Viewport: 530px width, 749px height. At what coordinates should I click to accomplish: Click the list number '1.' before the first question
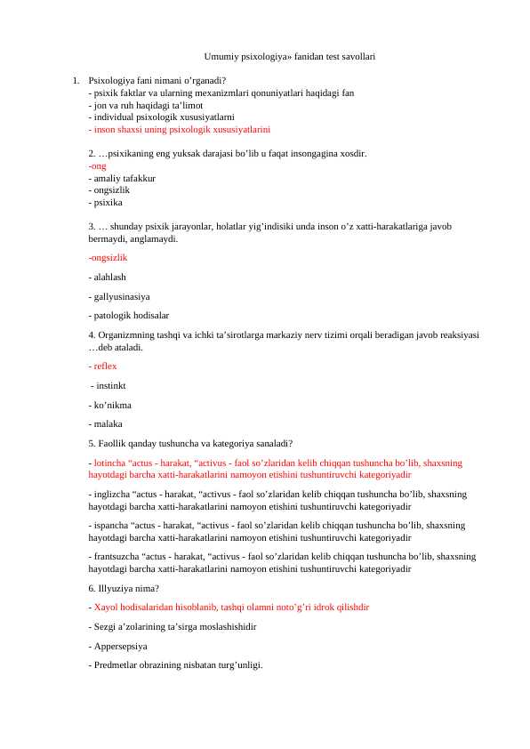[76, 80]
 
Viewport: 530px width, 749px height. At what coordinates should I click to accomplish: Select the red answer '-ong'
[97, 166]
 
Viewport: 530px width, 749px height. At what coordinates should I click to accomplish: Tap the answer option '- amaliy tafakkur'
[122, 178]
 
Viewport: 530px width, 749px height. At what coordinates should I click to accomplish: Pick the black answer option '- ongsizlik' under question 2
[109, 189]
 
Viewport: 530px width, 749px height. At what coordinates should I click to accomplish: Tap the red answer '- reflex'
[103, 366]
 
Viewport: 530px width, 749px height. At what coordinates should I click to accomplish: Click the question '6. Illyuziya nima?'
[124, 588]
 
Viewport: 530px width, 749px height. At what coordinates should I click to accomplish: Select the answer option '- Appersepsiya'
[118, 646]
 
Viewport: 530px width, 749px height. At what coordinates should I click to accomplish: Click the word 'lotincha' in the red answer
[109, 463]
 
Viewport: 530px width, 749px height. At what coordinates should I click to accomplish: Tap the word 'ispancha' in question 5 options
[109, 526]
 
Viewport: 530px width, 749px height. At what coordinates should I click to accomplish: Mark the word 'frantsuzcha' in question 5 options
[115, 556]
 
